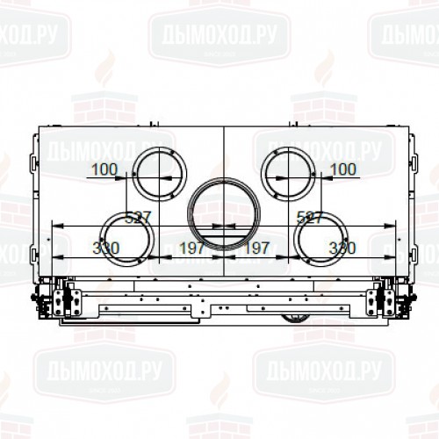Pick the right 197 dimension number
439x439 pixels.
pyautogui.click(x=258, y=248)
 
